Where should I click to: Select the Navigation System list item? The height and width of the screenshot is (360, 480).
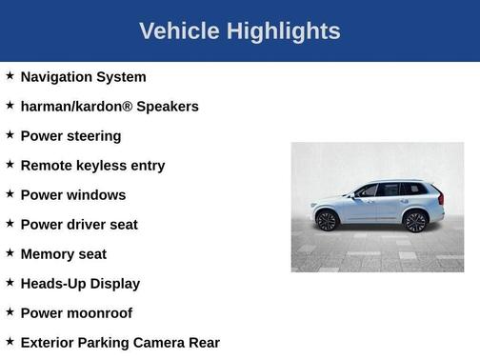coord(83,77)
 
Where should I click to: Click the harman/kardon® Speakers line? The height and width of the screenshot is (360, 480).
coord(110,107)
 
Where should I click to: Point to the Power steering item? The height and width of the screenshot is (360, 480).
coord(70,136)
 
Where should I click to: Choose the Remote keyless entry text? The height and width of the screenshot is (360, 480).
coord(92,166)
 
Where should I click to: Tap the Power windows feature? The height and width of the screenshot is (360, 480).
coord(72,195)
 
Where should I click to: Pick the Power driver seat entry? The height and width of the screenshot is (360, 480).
coord(79,225)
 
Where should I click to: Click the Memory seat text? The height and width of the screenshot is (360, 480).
coord(63,254)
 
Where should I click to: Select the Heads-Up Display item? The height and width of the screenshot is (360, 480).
coord(80,284)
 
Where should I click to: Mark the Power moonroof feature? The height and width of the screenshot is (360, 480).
coord(76,313)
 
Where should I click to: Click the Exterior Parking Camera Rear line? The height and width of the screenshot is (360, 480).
coord(120,343)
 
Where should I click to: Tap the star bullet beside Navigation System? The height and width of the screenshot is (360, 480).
coord(10,75)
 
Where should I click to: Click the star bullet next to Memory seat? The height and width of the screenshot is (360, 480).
coord(10,252)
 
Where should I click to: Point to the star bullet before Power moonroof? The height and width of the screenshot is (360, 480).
coord(10,311)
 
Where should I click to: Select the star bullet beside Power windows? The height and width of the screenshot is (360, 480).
coord(10,193)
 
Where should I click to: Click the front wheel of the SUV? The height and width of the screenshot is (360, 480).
coord(328,221)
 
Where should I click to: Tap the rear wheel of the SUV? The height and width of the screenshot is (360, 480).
coord(415,222)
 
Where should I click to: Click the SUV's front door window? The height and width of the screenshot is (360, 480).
coord(368,190)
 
